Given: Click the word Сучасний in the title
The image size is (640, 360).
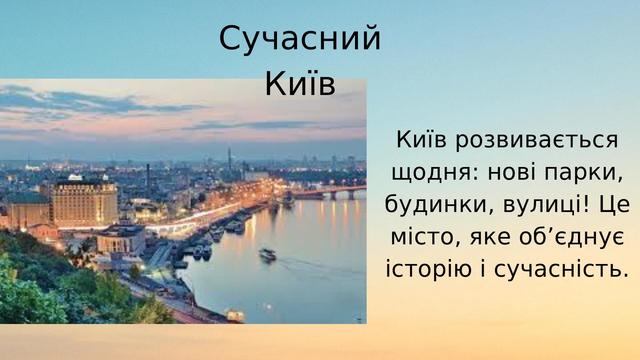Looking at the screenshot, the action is click(x=300, y=38).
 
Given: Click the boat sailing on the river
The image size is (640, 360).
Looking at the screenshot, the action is click(x=268, y=254).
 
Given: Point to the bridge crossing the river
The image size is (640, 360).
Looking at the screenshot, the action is click(x=330, y=193).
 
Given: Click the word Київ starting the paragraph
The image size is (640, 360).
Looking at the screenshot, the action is click(x=421, y=140).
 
